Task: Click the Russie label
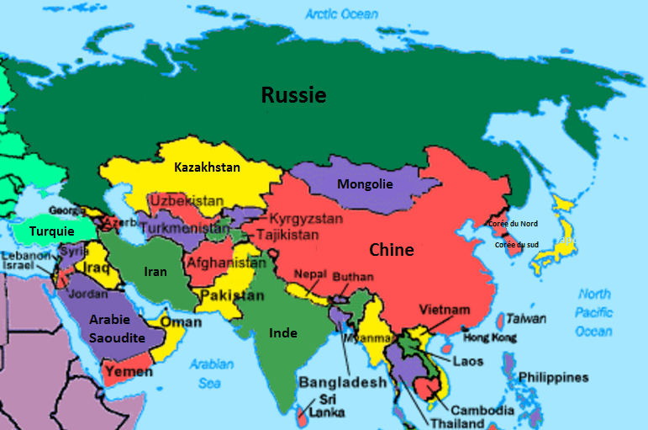coord(293,95)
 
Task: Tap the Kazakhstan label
coord(207,167)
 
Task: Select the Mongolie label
coord(365,184)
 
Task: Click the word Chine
coord(392,250)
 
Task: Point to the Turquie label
coord(51,231)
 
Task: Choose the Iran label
coord(155,272)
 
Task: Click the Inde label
coord(282,332)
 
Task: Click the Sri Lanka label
coord(320,406)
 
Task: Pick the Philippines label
coord(553,377)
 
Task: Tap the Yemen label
coord(129,371)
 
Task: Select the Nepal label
coord(311,273)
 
